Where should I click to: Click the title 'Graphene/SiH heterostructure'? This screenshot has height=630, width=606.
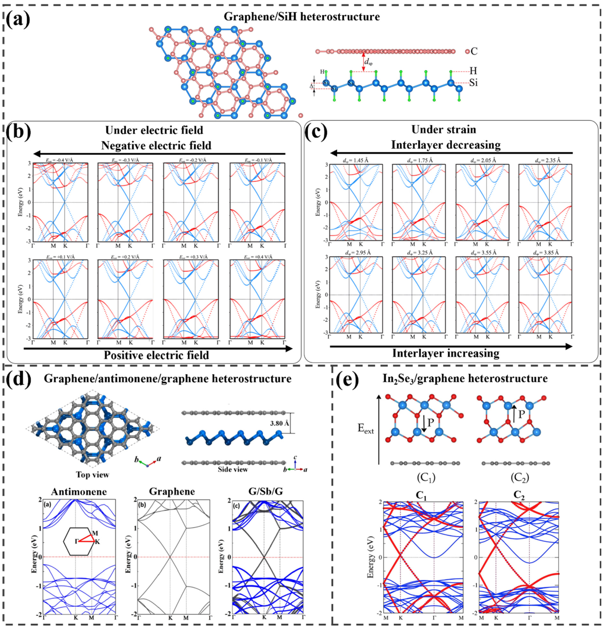(x=301, y=17)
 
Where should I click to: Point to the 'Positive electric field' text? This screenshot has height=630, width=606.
(x=156, y=355)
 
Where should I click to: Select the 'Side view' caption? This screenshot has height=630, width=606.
(x=233, y=469)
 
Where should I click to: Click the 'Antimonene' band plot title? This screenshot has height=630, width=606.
(x=79, y=492)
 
